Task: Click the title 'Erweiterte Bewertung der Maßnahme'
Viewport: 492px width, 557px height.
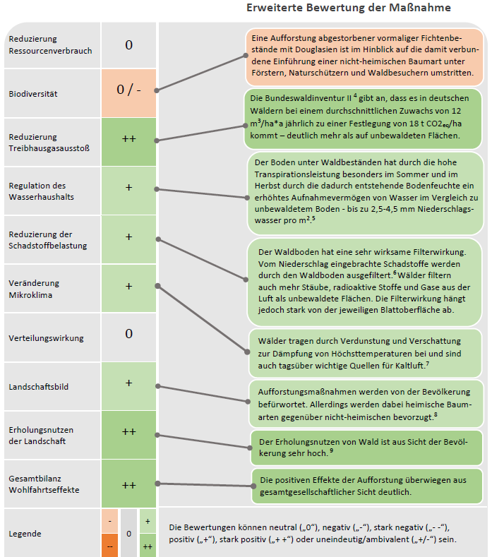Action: (x=349, y=8)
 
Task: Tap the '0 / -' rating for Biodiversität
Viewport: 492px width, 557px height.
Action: (x=128, y=90)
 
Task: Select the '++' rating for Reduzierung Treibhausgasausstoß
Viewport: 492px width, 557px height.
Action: (x=128, y=139)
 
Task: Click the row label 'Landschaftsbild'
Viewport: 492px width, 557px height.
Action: (x=38, y=387)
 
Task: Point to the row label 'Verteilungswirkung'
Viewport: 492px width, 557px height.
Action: (x=46, y=338)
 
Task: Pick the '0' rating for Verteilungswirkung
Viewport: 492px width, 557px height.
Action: (x=128, y=333)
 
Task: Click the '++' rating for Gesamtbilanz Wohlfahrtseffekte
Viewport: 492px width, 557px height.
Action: (x=128, y=485)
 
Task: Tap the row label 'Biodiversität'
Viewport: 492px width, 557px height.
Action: (x=33, y=93)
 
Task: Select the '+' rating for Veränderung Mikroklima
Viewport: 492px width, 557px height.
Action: (x=128, y=286)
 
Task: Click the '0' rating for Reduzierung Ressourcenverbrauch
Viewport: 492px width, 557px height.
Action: (x=128, y=45)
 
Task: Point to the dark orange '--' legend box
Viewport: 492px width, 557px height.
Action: (x=109, y=546)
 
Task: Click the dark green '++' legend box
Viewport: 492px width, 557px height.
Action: (x=148, y=546)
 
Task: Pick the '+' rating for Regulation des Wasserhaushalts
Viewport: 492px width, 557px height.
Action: (x=128, y=188)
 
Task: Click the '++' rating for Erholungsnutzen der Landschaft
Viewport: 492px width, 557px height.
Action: (x=128, y=431)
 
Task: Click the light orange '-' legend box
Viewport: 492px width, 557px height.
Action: (x=109, y=521)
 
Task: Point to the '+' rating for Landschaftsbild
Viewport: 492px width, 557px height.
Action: (x=128, y=383)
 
